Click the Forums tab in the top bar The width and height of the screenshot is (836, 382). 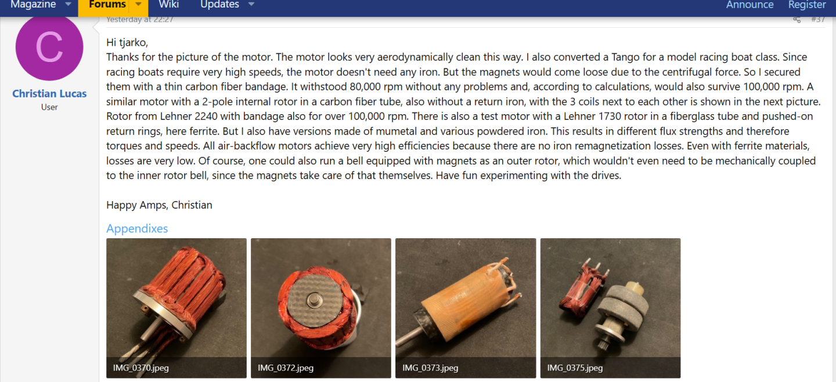[x=107, y=5]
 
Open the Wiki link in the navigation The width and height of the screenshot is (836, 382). [x=168, y=5]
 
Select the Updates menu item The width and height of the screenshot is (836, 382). [x=219, y=5]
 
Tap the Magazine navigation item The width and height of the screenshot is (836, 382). [x=33, y=5]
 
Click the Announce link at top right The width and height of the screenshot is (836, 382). [x=749, y=5]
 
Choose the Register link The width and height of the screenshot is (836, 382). [x=806, y=5]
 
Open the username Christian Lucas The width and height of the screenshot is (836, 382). [x=49, y=93]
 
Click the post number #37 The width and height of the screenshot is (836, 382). [x=817, y=19]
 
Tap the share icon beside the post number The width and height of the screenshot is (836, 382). [x=797, y=20]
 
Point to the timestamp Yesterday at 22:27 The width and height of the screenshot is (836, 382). [x=140, y=20]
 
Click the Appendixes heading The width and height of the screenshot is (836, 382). [x=137, y=228]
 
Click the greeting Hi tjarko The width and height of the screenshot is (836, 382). [x=127, y=42]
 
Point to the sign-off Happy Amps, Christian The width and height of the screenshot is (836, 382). [x=159, y=205]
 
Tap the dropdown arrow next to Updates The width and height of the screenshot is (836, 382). [x=251, y=5]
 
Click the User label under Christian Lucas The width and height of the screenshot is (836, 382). [x=49, y=107]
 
